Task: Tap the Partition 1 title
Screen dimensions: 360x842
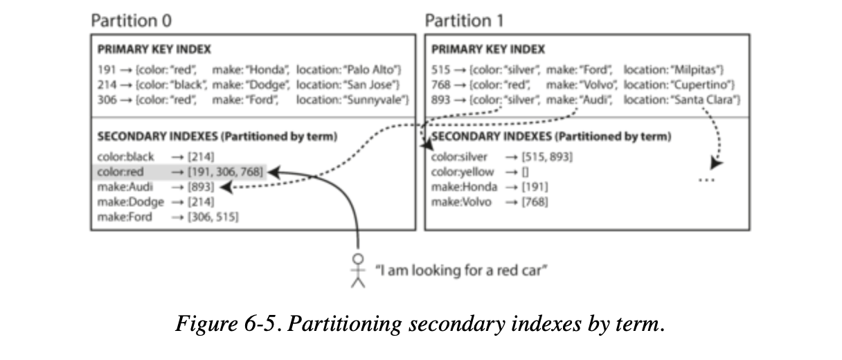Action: point(464,21)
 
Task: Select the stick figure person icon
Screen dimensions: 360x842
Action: point(357,271)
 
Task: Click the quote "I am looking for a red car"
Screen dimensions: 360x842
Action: point(461,270)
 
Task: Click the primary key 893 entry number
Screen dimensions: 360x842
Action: point(440,100)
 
